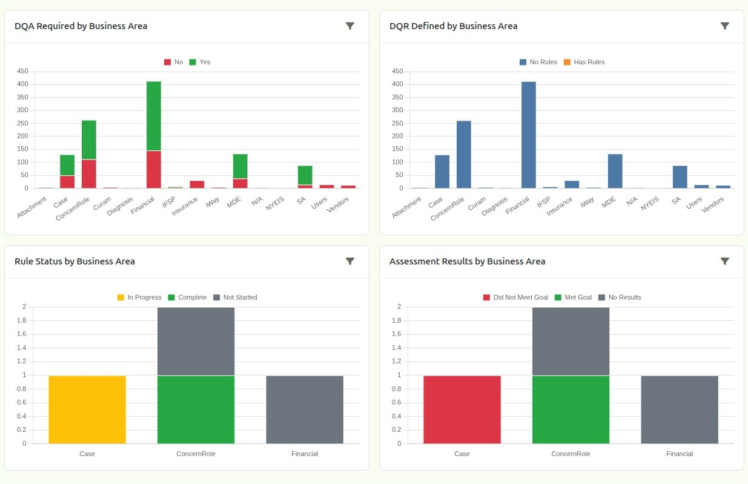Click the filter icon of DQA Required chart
[x=349, y=26]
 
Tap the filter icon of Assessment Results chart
[x=724, y=261]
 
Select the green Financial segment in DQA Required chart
[x=154, y=116]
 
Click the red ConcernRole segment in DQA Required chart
[x=89, y=173]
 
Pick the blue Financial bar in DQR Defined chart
[x=529, y=135]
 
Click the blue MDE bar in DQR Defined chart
[x=615, y=171]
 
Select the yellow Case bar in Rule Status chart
[x=87, y=409]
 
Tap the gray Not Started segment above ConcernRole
[x=196, y=341]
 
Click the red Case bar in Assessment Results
[x=462, y=409]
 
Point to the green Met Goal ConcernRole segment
[x=571, y=409]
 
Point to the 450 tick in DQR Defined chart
[x=397, y=71]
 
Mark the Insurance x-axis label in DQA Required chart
[x=185, y=206]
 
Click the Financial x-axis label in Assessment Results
[x=680, y=454]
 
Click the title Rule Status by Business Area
[x=74, y=261]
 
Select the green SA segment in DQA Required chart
[x=305, y=175]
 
